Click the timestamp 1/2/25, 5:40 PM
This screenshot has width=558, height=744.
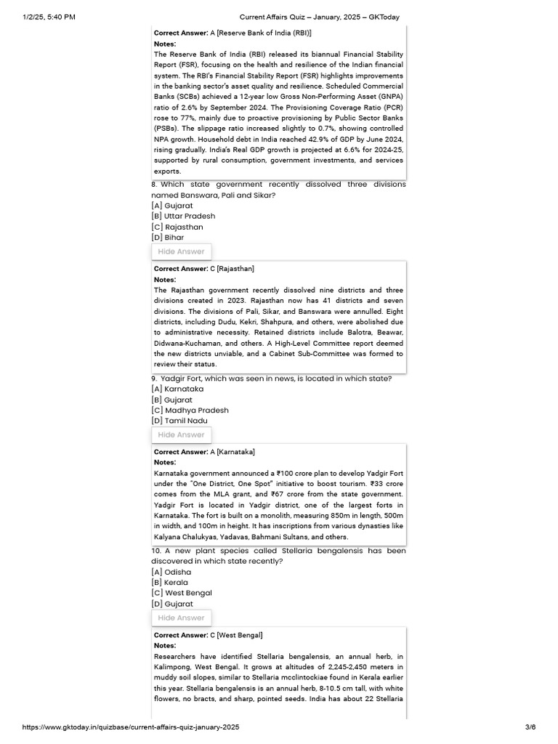pos(49,17)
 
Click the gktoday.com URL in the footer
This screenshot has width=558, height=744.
pos(131,727)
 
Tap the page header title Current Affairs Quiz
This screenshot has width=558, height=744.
pos(320,17)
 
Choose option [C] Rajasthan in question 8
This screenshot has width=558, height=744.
pos(177,227)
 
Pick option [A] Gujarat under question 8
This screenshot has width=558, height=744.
pos(172,206)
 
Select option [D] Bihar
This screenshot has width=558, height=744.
pos(168,238)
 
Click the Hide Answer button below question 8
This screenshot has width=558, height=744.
pos(182,251)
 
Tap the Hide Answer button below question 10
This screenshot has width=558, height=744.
pos(182,618)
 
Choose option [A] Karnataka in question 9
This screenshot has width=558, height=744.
pos(177,389)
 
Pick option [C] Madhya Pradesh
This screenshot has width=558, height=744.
pos(190,411)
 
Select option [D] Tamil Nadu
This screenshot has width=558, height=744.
pos(179,421)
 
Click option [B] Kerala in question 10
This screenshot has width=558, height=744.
pos(169,582)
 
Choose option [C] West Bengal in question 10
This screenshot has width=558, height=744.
pos(182,593)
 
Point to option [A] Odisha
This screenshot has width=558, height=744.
pos(171,572)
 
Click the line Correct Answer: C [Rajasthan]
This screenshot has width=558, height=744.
pos(204,269)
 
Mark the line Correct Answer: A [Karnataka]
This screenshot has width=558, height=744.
pos(204,452)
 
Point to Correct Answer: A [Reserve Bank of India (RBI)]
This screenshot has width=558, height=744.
pos(232,33)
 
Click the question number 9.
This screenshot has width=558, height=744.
pos(154,379)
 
